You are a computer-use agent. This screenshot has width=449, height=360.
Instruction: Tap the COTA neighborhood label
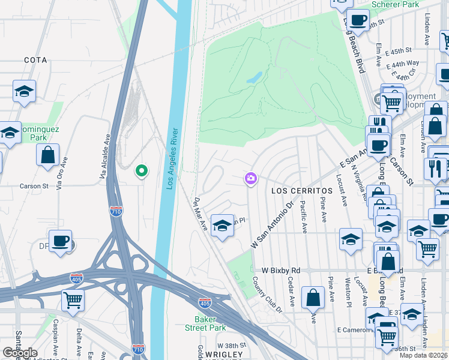pyautogui.click(x=35, y=61)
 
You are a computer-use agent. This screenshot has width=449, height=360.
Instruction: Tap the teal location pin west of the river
pyautogui.click(x=142, y=172)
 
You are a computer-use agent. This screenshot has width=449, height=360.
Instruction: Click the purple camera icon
pyautogui.click(x=250, y=178)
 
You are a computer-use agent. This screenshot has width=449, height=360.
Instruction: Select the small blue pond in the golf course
pyautogui.click(x=254, y=77)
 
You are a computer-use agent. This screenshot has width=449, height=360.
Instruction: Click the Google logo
pyautogui.click(x=20, y=353)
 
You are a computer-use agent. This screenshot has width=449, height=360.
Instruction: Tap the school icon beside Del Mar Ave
pyautogui.click(x=222, y=226)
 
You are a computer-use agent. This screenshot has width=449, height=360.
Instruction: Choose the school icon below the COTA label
pyautogui.click(x=23, y=91)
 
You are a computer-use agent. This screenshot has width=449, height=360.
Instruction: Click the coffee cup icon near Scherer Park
pyautogui.click(x=358, y=20)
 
